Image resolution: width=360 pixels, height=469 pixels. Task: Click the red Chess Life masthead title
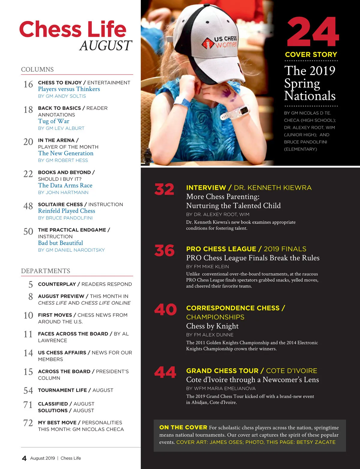click(x=73, y=29)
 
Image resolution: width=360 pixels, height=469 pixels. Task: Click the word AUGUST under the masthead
click(x=106, y=46)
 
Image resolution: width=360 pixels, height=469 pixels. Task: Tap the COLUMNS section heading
click(x=37, y=69)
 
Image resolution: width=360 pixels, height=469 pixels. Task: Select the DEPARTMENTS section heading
click(x=46, y=271)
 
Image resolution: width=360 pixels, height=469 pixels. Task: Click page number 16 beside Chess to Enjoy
click(x=28, y=85)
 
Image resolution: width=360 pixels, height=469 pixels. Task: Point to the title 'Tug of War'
click(x=54, y=121)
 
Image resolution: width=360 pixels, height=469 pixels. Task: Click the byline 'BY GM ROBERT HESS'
click(x=63, y=160)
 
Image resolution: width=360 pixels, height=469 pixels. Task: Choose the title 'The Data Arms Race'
click(x=65, y=185)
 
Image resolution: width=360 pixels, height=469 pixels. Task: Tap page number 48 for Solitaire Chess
click(x=28, y=206)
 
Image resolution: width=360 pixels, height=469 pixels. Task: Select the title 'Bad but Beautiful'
click(x=61, y=243)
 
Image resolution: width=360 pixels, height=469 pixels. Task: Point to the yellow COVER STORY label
click(x=311, y=55)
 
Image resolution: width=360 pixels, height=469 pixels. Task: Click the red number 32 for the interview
click(x=164, y=190)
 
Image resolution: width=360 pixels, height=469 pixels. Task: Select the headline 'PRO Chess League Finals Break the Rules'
click(x=253, y=258)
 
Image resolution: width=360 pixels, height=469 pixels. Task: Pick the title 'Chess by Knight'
click(x=212, y=326)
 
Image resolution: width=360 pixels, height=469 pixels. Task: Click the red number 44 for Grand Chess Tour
click(x=165, y=373)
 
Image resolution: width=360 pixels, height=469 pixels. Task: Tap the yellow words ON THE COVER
click(x=183, y=427)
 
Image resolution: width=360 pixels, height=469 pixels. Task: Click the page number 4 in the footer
click(x=24, y=458)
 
